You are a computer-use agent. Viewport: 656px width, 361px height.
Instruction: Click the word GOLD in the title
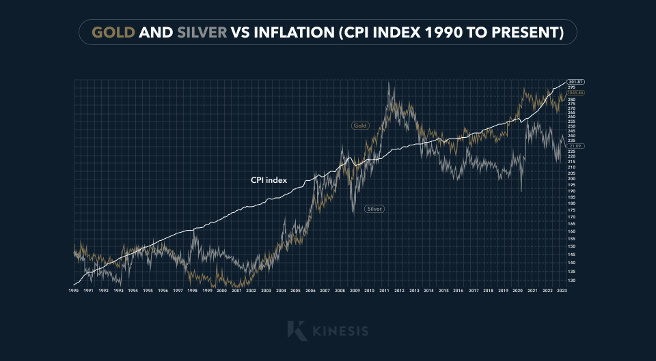(x=113, y=32)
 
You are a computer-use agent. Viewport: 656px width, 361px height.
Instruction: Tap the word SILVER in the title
(x=202, y=32)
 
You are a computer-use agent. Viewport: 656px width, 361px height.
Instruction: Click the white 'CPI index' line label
(x=269, y=181)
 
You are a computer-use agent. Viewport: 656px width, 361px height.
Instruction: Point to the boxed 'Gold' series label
(x=360, y=126)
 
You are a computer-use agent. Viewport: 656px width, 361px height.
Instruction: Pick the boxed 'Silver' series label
(x=374, y=209)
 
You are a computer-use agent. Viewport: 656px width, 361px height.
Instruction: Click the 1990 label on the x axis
(x=73, y=291)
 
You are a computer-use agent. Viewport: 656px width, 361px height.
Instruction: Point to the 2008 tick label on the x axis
(x=340, y=291)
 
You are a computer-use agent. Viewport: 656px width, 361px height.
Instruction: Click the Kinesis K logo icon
(x=297, y=330)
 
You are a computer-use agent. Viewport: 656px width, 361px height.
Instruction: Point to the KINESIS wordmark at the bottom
(x=340, y=331)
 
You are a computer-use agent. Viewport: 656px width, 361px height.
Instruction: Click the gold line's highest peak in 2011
(x=389, y=83)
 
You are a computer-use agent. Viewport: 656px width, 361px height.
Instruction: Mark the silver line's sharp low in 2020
(x=521, y=191)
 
